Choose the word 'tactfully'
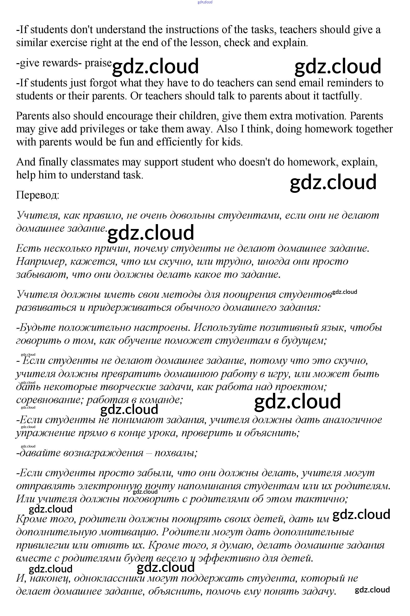pyautogui.click(x=341, y=96)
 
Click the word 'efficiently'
pyautogui.click(x=178, y=142)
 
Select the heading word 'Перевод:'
pyautogui.click(x=38, y=195)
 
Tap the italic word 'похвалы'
pyautogui.click(x=176, y=453)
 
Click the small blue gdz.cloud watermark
pyautogui.click(x=205, y=2)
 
